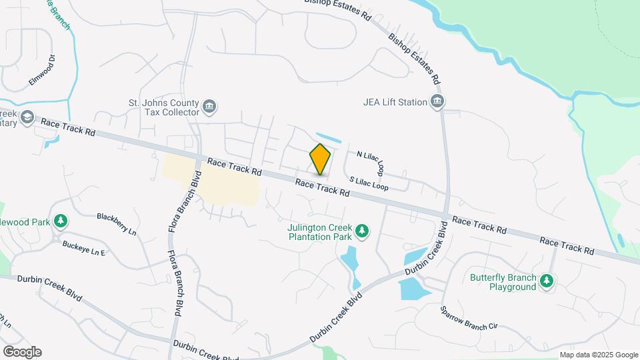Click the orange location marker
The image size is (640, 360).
[321, 159]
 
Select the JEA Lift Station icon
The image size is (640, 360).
[437, 102]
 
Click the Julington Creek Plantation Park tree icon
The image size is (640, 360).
[362, 231]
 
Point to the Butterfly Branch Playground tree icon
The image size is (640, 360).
[547, 281]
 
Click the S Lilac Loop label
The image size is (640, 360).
[369, 183]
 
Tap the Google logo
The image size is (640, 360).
[21, 352]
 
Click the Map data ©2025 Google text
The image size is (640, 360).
[599, 355]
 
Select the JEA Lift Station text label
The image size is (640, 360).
[395, 102]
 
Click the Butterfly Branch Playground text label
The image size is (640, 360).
[503, 282]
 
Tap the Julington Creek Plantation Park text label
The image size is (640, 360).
[319, 231]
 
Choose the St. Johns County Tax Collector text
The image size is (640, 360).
[164, 107]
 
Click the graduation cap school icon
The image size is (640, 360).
[27, 118]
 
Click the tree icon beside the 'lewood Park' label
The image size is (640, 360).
[61, 220]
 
